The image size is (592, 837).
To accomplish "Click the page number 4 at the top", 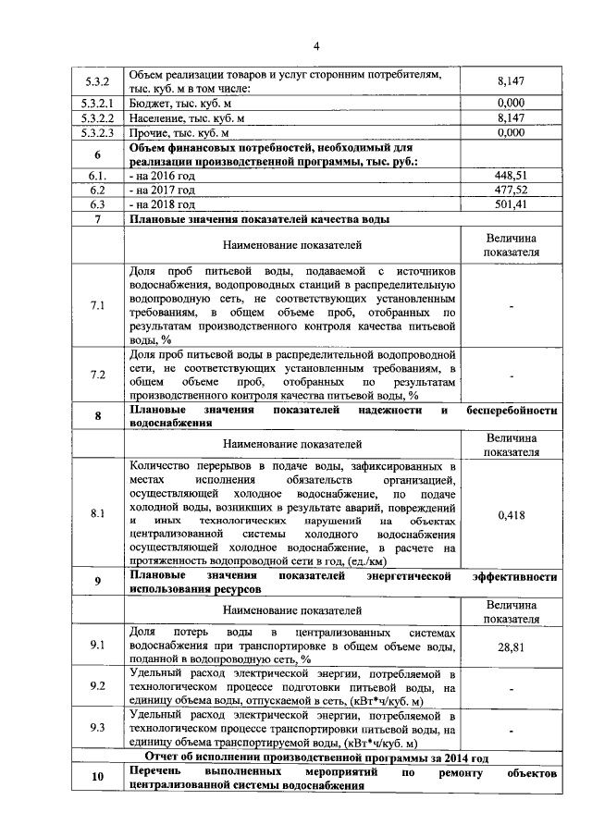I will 315,46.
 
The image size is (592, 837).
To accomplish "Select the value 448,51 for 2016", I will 511,174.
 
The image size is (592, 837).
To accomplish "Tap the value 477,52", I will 511,189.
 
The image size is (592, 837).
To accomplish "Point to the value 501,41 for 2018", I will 511,203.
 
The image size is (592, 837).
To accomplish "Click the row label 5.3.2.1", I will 98,103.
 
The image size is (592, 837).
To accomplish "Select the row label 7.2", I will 98,375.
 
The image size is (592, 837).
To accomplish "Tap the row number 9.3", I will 98,728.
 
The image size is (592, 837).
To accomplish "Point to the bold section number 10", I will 98,777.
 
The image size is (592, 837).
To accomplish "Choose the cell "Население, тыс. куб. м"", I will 189,117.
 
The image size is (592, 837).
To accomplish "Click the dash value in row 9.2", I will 511,687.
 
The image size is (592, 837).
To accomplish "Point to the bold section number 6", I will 98,153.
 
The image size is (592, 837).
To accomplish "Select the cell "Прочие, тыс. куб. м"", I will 182,132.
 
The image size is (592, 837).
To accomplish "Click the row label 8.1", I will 98,513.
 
